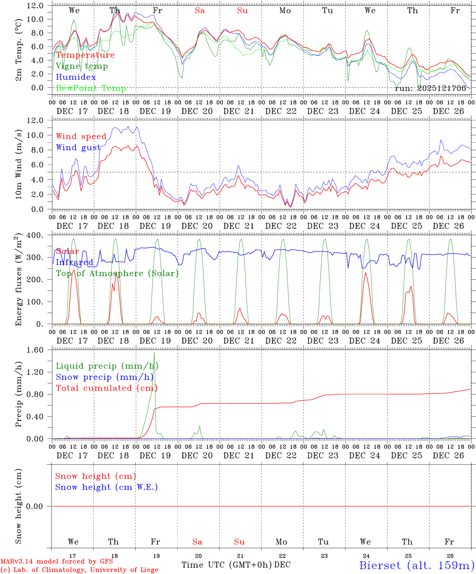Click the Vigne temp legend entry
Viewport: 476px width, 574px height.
[82, 66]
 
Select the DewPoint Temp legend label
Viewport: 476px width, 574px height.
[91, 88]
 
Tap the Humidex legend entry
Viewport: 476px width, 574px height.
[76, 77]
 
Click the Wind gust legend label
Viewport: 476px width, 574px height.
[78, 147]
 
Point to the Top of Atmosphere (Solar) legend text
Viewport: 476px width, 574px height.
[117, 273]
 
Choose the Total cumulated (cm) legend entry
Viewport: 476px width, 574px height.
[106, 388]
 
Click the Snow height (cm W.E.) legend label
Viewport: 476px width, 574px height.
[106, 487]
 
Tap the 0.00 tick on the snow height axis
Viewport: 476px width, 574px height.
[39, 506]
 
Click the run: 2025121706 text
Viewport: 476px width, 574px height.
[430, 88]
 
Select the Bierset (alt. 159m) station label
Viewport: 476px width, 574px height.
[417, 565]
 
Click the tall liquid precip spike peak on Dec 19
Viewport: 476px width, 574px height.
[154, 352]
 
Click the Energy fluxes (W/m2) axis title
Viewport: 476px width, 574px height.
[18, 280]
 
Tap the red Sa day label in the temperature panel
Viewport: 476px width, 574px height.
[200, 11]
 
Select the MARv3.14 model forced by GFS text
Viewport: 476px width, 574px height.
[57, 562]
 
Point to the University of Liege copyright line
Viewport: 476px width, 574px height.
[79, 570]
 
